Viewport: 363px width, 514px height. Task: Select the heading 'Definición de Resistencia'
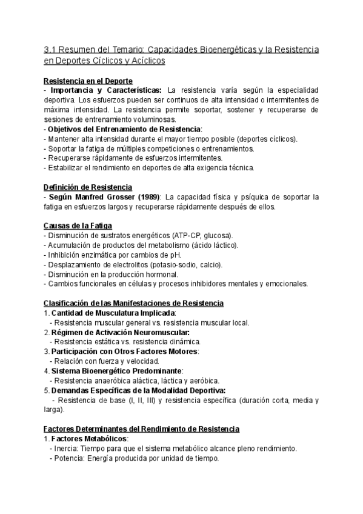click(x=88, y=187)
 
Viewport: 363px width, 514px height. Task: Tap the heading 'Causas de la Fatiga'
click(x=77, y=225)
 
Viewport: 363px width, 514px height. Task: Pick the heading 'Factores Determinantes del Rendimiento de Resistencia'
click(x=142, y=429)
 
